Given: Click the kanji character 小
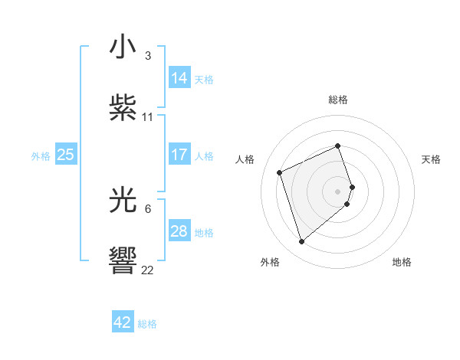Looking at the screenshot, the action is (x=123, y=48).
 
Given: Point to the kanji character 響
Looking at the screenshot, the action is (x=123, y=260).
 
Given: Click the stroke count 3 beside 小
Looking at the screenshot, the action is (x=148, y=56).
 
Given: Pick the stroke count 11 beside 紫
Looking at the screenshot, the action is (x=148, y=117).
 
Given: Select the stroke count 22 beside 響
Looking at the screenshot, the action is (x=148, y=270).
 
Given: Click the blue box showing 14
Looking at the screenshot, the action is (x=179, y=78).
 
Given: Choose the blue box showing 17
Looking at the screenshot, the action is (x=179, y=155).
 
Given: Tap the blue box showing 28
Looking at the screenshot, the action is (x=179, y=231).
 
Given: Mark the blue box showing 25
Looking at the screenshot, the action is (x=66, y=155).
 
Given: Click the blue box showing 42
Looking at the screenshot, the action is (x=123, y=323).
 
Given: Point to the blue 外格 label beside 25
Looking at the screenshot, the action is (x=41, y=155).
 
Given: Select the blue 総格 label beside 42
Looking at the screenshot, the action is (x=147, y=324).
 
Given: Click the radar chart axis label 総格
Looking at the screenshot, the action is (x=338, y=100).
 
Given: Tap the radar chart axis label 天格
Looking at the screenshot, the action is (x=431, y=159).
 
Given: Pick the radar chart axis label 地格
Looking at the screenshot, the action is (x=402, y=262).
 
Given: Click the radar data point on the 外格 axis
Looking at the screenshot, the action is (x=301, y=242).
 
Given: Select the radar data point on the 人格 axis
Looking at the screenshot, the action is (x=281, y=172).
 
